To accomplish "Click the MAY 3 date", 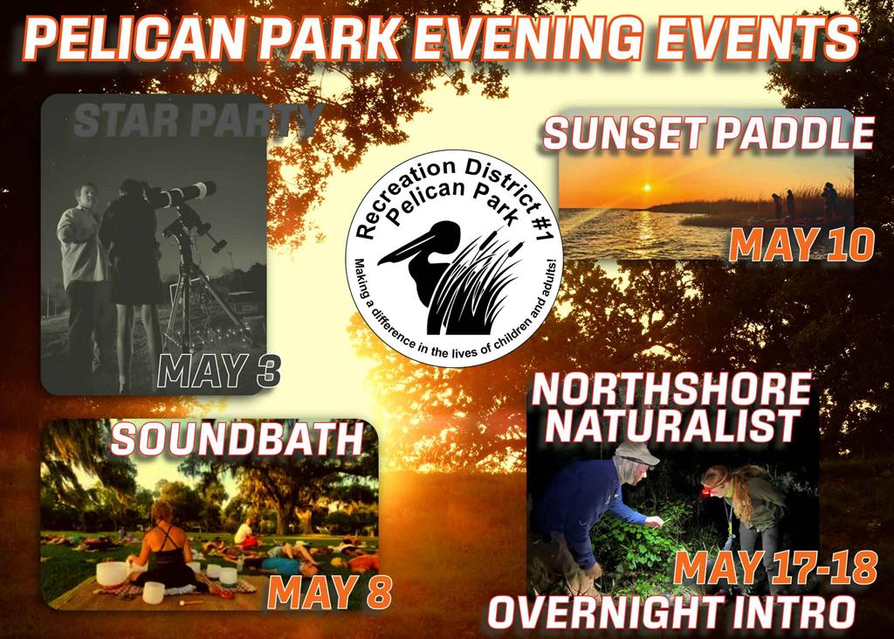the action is click(x=219, y=372).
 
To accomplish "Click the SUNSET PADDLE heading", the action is click(x=709, y=134).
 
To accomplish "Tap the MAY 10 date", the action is click(x=801, y=247).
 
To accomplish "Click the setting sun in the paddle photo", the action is click(x=646, y=187).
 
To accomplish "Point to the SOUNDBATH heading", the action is click(x=237, y=440).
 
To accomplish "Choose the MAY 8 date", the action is click(x=329, y=592).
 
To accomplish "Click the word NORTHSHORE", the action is click(x=671, y=390).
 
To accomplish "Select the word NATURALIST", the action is click(x=672, y=426).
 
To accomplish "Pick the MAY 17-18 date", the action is click(x=775, y=568).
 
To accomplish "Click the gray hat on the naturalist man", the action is click(x=636, y=454).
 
